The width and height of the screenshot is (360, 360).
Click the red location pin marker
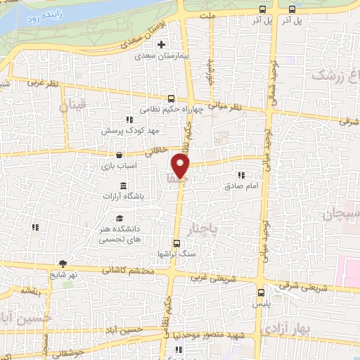pyautogui.click(x=181, y=167)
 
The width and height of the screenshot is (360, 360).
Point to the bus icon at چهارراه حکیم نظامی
pyautogui.click(x=172, y=98)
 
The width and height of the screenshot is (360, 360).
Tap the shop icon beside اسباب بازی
pyautogui.click(x=119, y=155)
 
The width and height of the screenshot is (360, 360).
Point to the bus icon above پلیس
pyautogui.click(x=261, y=292)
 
